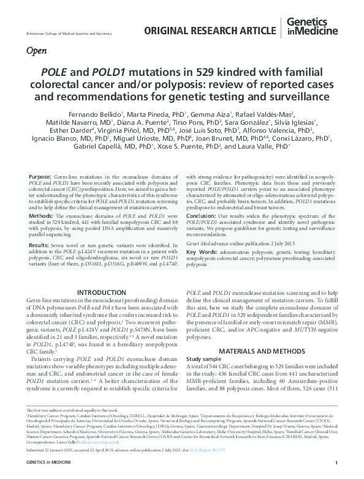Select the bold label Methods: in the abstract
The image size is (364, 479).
point(44,216)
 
